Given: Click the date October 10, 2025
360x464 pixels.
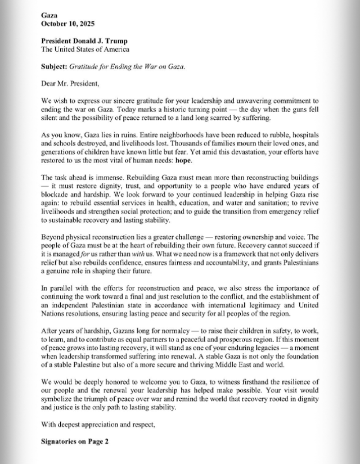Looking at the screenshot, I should (x=67, y=24).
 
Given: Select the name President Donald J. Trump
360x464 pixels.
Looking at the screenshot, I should (x=84, y=41).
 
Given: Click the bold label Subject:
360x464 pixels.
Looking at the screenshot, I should (x=54, y=66).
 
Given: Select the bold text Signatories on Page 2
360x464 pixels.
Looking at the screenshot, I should (x=75, y=442).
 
